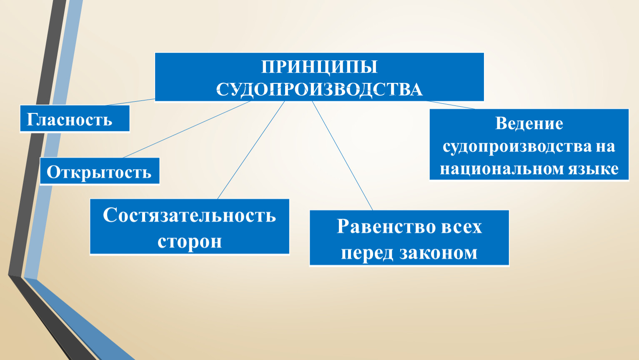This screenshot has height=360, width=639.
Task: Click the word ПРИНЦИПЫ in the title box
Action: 319,67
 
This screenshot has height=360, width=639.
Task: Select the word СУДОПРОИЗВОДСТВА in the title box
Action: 319,89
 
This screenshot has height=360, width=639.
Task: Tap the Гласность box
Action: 75,119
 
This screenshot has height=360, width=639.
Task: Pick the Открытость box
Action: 100,171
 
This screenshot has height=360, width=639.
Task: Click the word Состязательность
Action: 189,215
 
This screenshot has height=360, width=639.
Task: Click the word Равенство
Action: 385,227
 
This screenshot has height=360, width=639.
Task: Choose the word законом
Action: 439,253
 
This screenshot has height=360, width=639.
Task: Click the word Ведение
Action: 529,123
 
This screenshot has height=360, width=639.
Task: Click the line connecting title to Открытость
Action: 187,129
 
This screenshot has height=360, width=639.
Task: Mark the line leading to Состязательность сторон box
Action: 251,150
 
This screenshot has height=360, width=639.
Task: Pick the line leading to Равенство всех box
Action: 342,156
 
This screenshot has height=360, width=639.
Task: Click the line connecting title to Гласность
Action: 130,102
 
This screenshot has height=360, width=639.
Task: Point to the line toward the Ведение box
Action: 451,105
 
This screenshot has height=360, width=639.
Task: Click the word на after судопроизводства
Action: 605,147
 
